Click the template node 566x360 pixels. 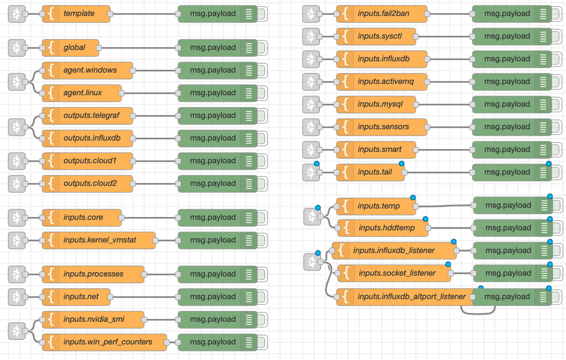(79, 14)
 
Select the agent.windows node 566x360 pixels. (90, 70)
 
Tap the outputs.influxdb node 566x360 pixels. (92, 138)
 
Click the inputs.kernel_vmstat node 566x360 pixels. (100, 240)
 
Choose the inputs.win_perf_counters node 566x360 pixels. (108, 342)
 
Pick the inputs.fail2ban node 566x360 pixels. (383, 14)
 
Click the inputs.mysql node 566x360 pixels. (380, 104)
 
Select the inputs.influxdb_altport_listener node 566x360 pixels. (411, 297)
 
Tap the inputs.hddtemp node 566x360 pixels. (386, 228)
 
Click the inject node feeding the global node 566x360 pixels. (17, 48)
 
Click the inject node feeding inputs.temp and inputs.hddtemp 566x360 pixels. (311, 217)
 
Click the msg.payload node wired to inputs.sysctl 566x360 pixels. (507, 36)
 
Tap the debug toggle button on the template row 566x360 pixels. (262, 14)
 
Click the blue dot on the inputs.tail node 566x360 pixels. (402, 164)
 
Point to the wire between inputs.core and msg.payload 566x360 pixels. (149, 218)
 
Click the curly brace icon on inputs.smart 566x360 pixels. (346, 150)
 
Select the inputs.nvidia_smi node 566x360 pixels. (94, 319)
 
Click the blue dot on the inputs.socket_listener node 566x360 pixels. (448, 265)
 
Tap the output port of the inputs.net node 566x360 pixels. (110, 297)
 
